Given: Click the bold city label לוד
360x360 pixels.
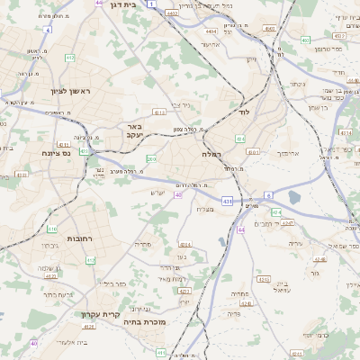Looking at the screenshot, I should click(243, 113).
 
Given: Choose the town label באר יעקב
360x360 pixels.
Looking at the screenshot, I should click(134, 130).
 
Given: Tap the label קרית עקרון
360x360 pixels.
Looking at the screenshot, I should click(99, 315).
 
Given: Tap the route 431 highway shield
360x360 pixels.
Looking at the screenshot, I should click(228, 201).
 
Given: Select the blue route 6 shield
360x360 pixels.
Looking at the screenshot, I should click(267, 195).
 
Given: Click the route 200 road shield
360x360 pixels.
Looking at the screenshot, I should click(151, 159).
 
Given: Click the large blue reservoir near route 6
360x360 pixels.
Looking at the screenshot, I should click(294, 197).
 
